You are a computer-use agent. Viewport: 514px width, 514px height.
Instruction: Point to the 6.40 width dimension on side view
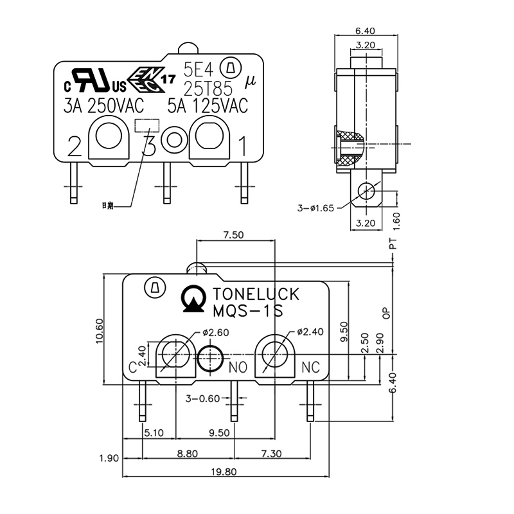point(365,30)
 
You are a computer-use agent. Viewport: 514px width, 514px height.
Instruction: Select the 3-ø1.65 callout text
point(315,208)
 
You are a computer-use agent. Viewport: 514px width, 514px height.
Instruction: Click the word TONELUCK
point(255,295)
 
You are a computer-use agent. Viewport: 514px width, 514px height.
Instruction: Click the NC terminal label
point(310,368)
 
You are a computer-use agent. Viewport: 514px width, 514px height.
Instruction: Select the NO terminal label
point(238,368)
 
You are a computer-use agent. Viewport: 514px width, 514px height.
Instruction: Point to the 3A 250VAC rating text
point(104,105)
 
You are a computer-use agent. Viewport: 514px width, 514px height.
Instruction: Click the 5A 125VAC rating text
point(208,105)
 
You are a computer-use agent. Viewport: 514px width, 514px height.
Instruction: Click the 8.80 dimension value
point(187,453)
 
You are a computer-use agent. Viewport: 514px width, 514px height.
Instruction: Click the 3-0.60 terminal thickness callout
point(202,398)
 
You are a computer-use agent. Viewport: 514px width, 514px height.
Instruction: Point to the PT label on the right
point(393,243)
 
